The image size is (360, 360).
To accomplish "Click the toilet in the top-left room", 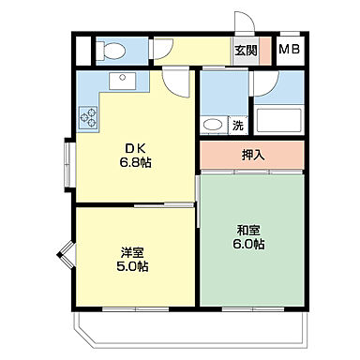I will [x=115, y=48].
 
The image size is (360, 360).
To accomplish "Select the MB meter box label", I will [x=289, y=50].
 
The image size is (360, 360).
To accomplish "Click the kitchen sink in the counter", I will [x=122, y=81].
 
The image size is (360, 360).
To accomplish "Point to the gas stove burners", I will [x=90, y=117].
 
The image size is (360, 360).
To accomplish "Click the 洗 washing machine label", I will [x=237, y=125].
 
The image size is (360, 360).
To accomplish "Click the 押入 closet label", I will [x=253, y=154].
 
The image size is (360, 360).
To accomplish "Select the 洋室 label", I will [x=132, y=250].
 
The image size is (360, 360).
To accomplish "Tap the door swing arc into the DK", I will [x=173, y=82].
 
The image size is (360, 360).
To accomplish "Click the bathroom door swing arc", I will [x=262, y=84].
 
